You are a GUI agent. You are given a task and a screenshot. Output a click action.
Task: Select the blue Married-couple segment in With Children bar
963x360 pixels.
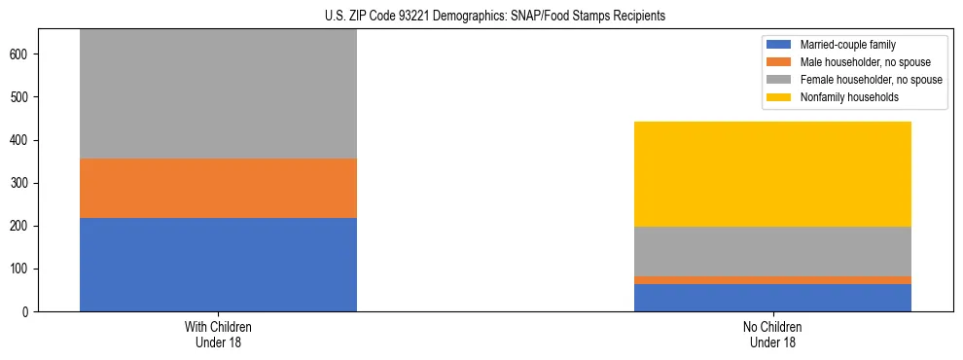(218, 264)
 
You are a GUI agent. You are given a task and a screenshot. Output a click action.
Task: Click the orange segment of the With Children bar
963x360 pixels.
(218, 188)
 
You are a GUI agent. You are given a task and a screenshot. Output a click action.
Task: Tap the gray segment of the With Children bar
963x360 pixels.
(218, 93)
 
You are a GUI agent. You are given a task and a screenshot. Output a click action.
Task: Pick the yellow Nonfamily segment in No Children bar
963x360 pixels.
(772, 174)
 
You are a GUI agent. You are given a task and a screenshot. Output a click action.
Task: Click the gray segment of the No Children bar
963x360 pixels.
(772, 251)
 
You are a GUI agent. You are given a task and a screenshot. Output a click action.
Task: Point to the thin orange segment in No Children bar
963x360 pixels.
(772, 280)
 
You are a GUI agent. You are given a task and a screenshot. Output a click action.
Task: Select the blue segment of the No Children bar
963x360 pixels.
(772, 298)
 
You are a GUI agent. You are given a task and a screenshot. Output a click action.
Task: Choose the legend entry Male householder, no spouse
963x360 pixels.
(856, 62)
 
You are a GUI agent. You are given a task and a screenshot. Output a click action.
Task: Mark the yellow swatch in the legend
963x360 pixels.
(779, 97)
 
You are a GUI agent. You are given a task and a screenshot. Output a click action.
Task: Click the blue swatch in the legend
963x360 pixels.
(779, 45)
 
